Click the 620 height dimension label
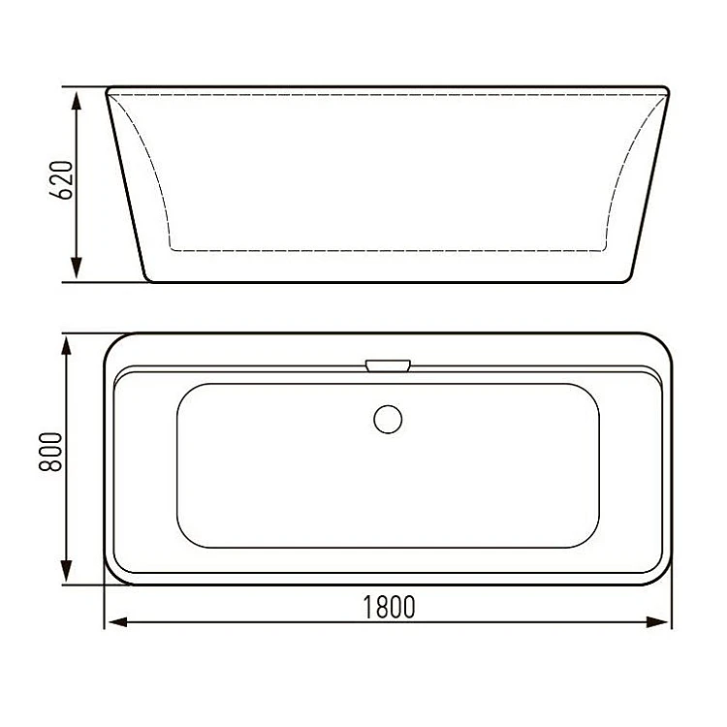(x=61, y=180)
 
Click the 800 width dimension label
(x=50, y=452)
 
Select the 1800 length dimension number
(x=389, y=607)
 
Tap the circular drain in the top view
(x=388, y=419)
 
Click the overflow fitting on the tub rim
(x=388, y=365)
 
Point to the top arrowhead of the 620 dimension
(x=77, y=101)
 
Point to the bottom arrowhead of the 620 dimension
(x=77, y=269)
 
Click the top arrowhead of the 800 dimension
(x=66, y=347)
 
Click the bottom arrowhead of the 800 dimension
(x=66, y=571)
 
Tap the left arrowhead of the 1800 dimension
(x=117, y=622)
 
